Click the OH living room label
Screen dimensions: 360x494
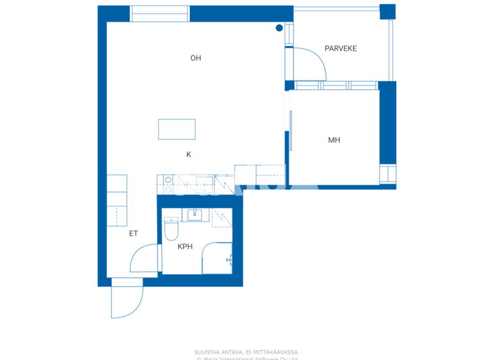tap(196, 59)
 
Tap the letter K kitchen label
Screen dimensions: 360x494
tap(188, 154)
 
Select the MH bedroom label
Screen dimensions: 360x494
tap(334, 140)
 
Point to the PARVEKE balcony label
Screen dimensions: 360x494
tap(340, 49)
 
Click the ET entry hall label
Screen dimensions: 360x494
tap(133, 233)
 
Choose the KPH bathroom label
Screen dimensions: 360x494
tap(185, 246)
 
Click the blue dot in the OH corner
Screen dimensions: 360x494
tap(279, 28)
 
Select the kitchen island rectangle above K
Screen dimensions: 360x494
tap(177, 129)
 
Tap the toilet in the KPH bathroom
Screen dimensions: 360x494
tap(171, 229)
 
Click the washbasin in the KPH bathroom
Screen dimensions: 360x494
tap(194, 215)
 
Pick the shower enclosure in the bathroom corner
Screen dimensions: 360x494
tap(217, 258)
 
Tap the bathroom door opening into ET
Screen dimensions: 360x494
tap(145, 259)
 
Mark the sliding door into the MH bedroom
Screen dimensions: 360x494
tap(291, 131)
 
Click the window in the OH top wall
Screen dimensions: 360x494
tap(160, 14)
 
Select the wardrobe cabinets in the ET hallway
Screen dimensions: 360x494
tap(116, 200)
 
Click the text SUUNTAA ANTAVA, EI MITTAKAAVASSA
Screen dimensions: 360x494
tap(246, 352)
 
